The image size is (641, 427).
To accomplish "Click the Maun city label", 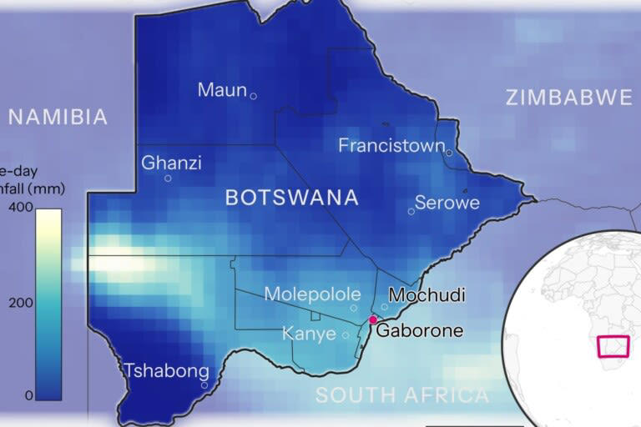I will (222, 90).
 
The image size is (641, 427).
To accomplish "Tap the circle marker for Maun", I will (254, 96).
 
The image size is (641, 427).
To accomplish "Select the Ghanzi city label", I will (171, 163).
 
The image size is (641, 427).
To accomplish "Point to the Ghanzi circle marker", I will (168, 178).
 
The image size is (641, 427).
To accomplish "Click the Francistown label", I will (391, 146).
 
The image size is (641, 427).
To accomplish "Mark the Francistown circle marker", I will (449, 153).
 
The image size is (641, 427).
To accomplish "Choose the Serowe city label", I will (447, 203).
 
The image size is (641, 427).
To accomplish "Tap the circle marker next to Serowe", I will (411, 211).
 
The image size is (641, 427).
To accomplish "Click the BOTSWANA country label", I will (292, 198).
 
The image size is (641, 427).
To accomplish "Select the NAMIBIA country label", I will (58, 118).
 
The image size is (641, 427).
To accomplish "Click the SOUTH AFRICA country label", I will (402, 395).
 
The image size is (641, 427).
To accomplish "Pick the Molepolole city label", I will (312, 294).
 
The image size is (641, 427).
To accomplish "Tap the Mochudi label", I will (426, 295).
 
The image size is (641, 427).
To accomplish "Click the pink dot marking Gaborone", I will (373, 319).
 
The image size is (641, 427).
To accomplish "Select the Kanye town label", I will (309, 334).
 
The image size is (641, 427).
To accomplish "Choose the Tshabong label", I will (164, 370).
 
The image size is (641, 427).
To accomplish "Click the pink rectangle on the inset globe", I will (613, 345).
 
